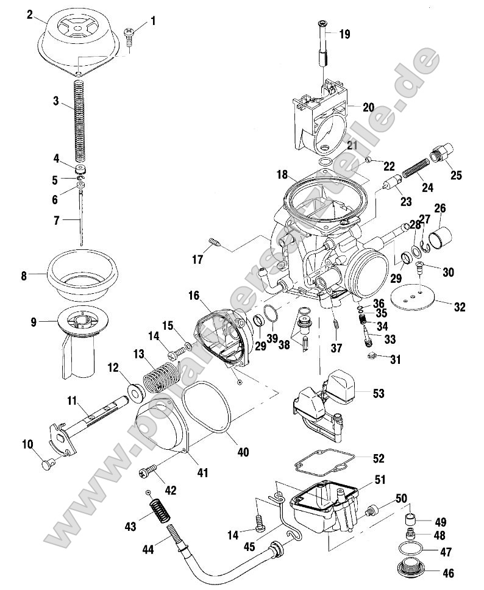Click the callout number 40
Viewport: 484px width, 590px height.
(x=243, y=452)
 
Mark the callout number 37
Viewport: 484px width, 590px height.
(x=335, y=347)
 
